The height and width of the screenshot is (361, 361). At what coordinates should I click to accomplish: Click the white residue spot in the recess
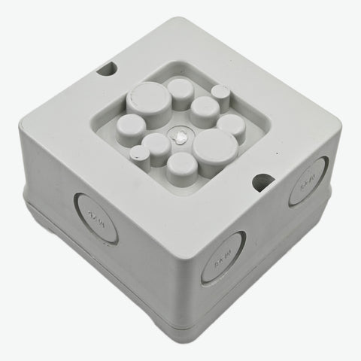click(x=181, y=138)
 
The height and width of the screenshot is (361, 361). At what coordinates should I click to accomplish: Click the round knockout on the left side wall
click(x=96, y=217)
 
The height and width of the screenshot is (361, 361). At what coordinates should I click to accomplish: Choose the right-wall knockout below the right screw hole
click(x=308, y=181)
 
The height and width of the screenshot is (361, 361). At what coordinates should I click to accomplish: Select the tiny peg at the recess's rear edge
click(x=220, y=93)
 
